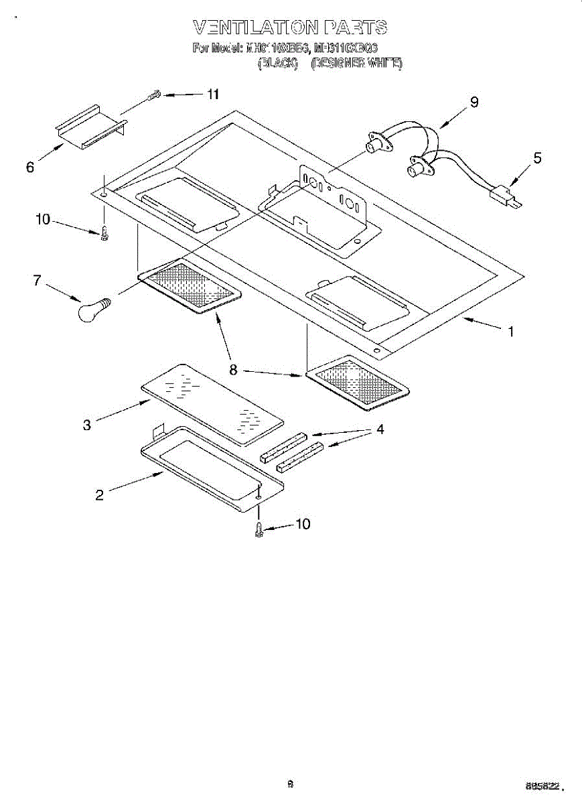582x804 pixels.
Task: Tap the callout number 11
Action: [x=213, y=94]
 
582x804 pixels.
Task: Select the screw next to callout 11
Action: [x=154, y=96]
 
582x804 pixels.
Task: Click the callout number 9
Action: [x=474, y=102]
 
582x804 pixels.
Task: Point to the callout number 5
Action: [x=538, y=159]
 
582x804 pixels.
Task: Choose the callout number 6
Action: [x=30, y=167]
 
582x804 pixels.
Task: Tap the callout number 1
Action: [x=510, y=331]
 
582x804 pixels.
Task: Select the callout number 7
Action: [x=37, y=281]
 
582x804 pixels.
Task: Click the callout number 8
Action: [x=233, y=369]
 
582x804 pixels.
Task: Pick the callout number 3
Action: [x=87, y=425]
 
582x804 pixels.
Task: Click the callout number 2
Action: [x=99, y=495]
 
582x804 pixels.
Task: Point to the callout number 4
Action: [x=380, y=429]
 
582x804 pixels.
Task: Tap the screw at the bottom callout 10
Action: [x=259, y=530]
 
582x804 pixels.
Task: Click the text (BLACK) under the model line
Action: [x=277, y=64]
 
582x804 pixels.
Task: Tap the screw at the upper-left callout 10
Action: [x=104, y=233]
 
